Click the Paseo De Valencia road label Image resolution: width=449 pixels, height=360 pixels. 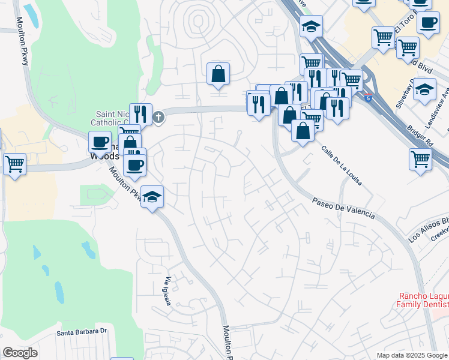point(344,207)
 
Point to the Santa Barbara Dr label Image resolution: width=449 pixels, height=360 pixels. point(81,331)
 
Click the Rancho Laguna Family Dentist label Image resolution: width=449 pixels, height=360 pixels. point(423,300)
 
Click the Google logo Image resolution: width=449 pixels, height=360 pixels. point(20,353)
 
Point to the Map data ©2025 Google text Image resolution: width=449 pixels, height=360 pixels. point(412,355)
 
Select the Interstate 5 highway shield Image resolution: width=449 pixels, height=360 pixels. point(367,96)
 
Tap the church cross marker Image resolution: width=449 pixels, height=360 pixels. point(158,117)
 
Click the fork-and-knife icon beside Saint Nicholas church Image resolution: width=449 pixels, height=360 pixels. point(140,113)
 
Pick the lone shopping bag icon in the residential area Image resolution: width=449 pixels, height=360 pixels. point(218,73)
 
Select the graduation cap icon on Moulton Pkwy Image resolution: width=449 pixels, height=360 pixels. point(152,196)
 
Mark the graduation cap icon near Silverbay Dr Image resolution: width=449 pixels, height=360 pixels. point(424,89)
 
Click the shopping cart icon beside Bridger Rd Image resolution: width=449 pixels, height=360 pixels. point(420,159)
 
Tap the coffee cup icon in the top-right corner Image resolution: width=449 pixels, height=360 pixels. point(428,23)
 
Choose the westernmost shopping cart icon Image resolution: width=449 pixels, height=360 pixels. point(14,163)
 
